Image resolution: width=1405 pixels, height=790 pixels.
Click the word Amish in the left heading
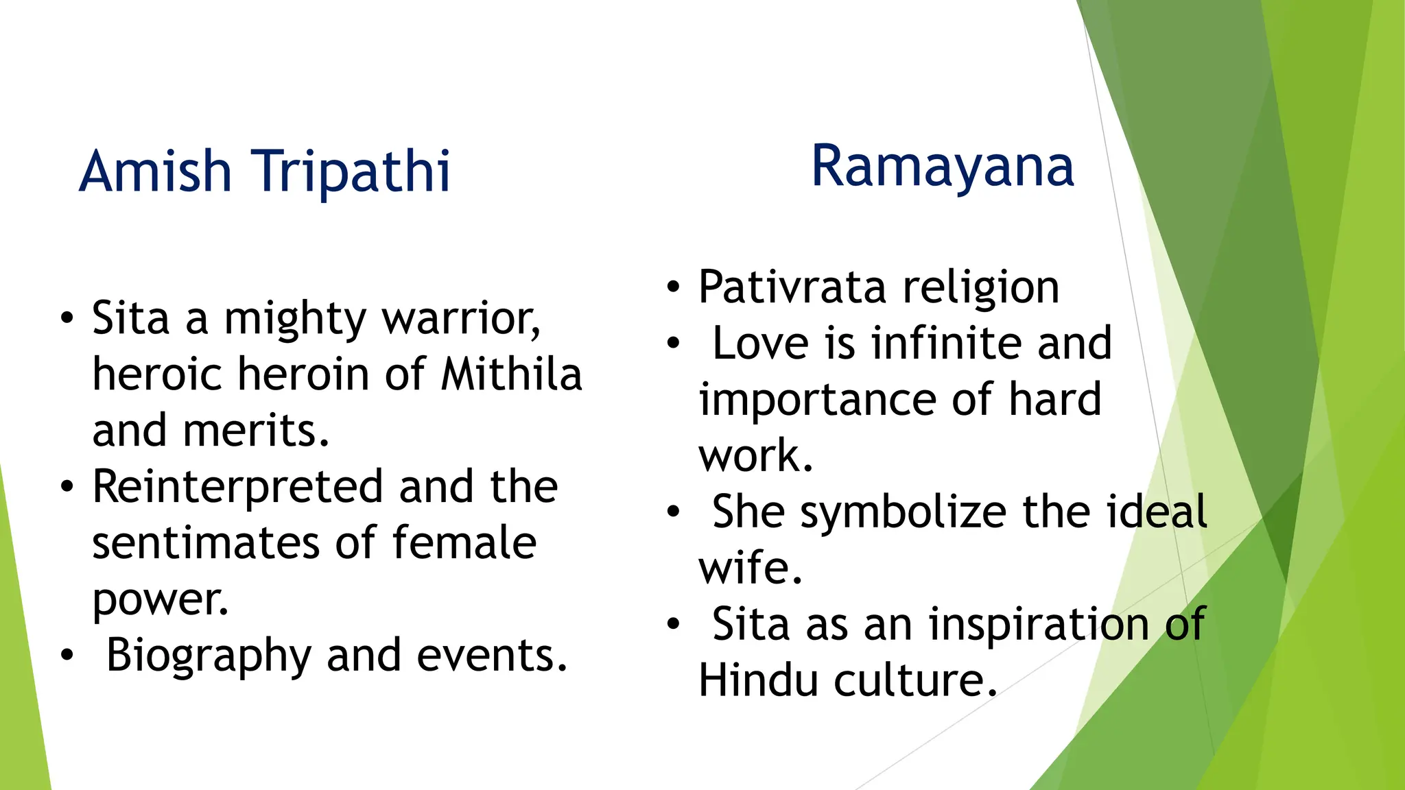coord(155,171)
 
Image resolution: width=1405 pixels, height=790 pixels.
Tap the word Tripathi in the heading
coord(351,171)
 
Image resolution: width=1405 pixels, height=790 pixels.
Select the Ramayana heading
coord(942,167)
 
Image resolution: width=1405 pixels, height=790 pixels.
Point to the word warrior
coord(460,320)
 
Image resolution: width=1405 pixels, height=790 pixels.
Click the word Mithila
coord(511,375)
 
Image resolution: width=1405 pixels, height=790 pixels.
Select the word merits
coord(255,431)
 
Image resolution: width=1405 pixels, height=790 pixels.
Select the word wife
coord(750,568)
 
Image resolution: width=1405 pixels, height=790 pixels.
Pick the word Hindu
coord(758,681)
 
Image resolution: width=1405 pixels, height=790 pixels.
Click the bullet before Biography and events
coord(67,656)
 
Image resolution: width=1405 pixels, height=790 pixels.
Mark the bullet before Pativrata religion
coord(674,287)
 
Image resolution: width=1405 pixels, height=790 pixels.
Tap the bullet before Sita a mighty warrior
coord(67,319)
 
